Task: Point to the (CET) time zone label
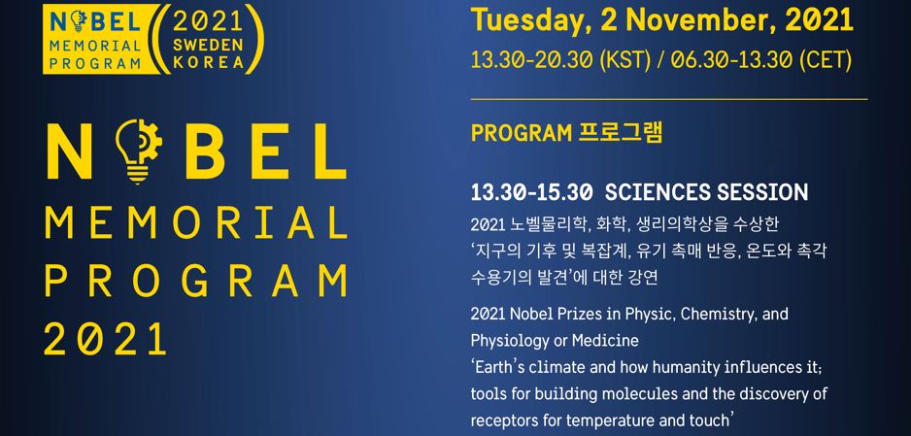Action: click(826, 60)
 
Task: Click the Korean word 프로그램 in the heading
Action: click(621, 133)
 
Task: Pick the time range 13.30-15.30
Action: click(531, 192)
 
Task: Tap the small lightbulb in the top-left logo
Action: click(78, 21)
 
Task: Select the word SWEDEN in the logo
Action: click(208, 46)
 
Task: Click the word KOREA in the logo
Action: click(208, 63)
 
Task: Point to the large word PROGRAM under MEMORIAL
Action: click(196, 281)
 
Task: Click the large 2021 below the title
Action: click(105, 339)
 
